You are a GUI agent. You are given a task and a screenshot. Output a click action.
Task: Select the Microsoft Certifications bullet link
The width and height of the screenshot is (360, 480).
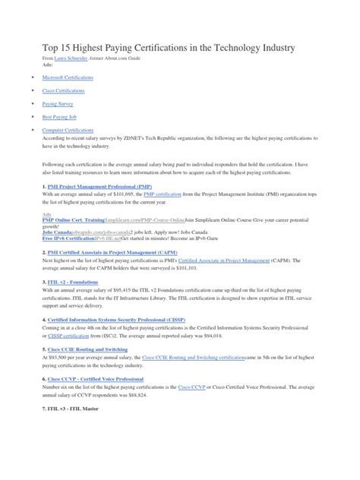[64, 77]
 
